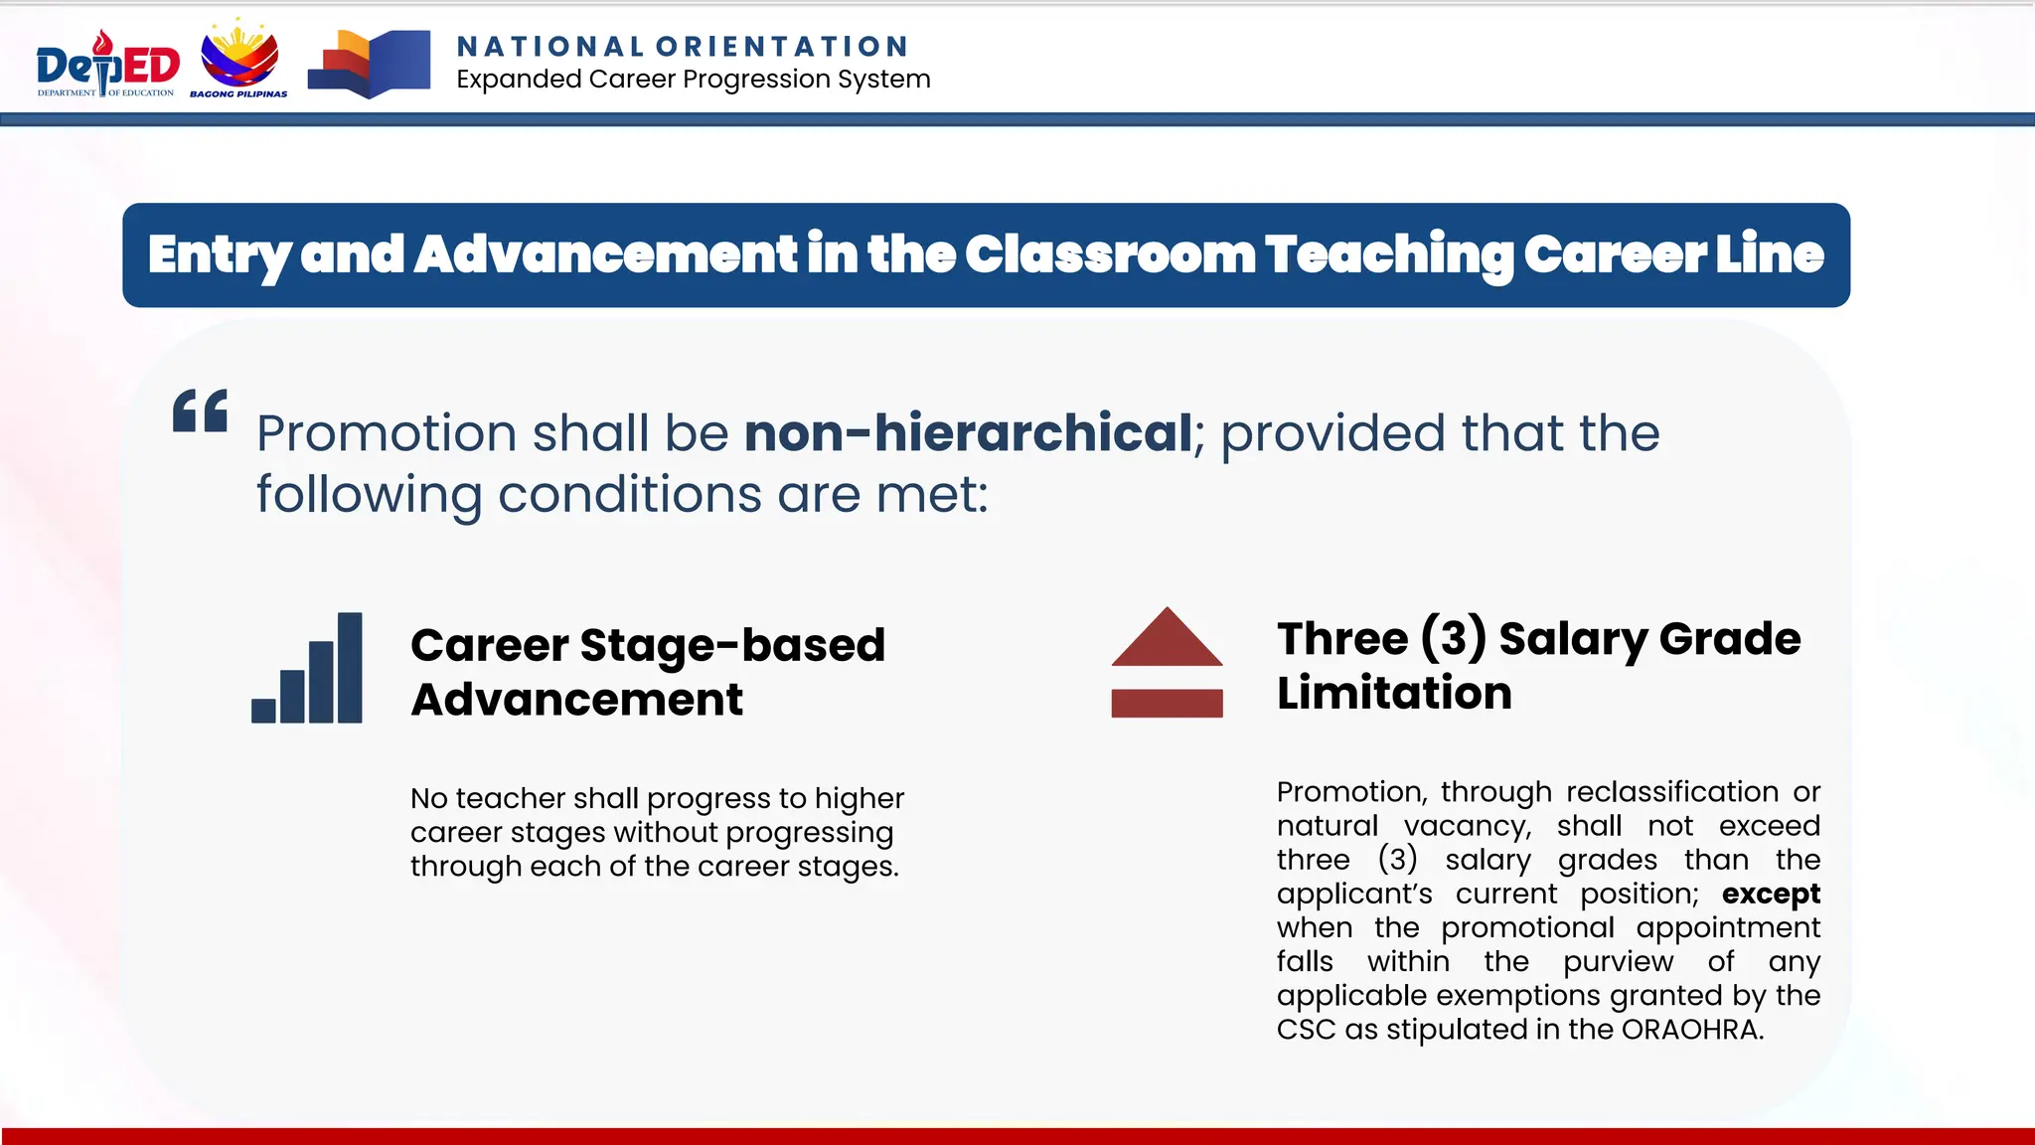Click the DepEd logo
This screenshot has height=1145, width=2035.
tap(107, 65)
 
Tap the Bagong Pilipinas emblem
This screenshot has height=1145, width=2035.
tap(239, 60)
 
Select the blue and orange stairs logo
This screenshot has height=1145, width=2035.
tap(369, 64)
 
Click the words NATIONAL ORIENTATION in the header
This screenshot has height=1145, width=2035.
tap(683, 47)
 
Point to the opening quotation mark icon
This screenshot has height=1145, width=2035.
tap(200, 410)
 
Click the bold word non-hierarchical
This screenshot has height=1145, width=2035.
tap(968, 433)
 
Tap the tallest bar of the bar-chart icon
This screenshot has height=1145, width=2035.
tap(350, 667)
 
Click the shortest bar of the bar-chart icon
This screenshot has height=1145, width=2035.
tap(263, 710)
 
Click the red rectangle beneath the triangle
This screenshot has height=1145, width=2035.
tap(1167, 703)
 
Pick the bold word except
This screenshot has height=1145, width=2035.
tap(1771, 894)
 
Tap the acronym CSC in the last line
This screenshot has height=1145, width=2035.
tap(1306, 1029)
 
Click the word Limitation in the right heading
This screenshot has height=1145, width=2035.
tap(1394, 693)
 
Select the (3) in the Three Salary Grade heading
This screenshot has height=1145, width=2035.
tap(1453, 638)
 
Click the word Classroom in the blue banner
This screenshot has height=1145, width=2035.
tap(1110, 254)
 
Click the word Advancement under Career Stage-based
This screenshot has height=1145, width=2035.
tap(576, 700)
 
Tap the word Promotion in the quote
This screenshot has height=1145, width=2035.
tap(387, 433)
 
